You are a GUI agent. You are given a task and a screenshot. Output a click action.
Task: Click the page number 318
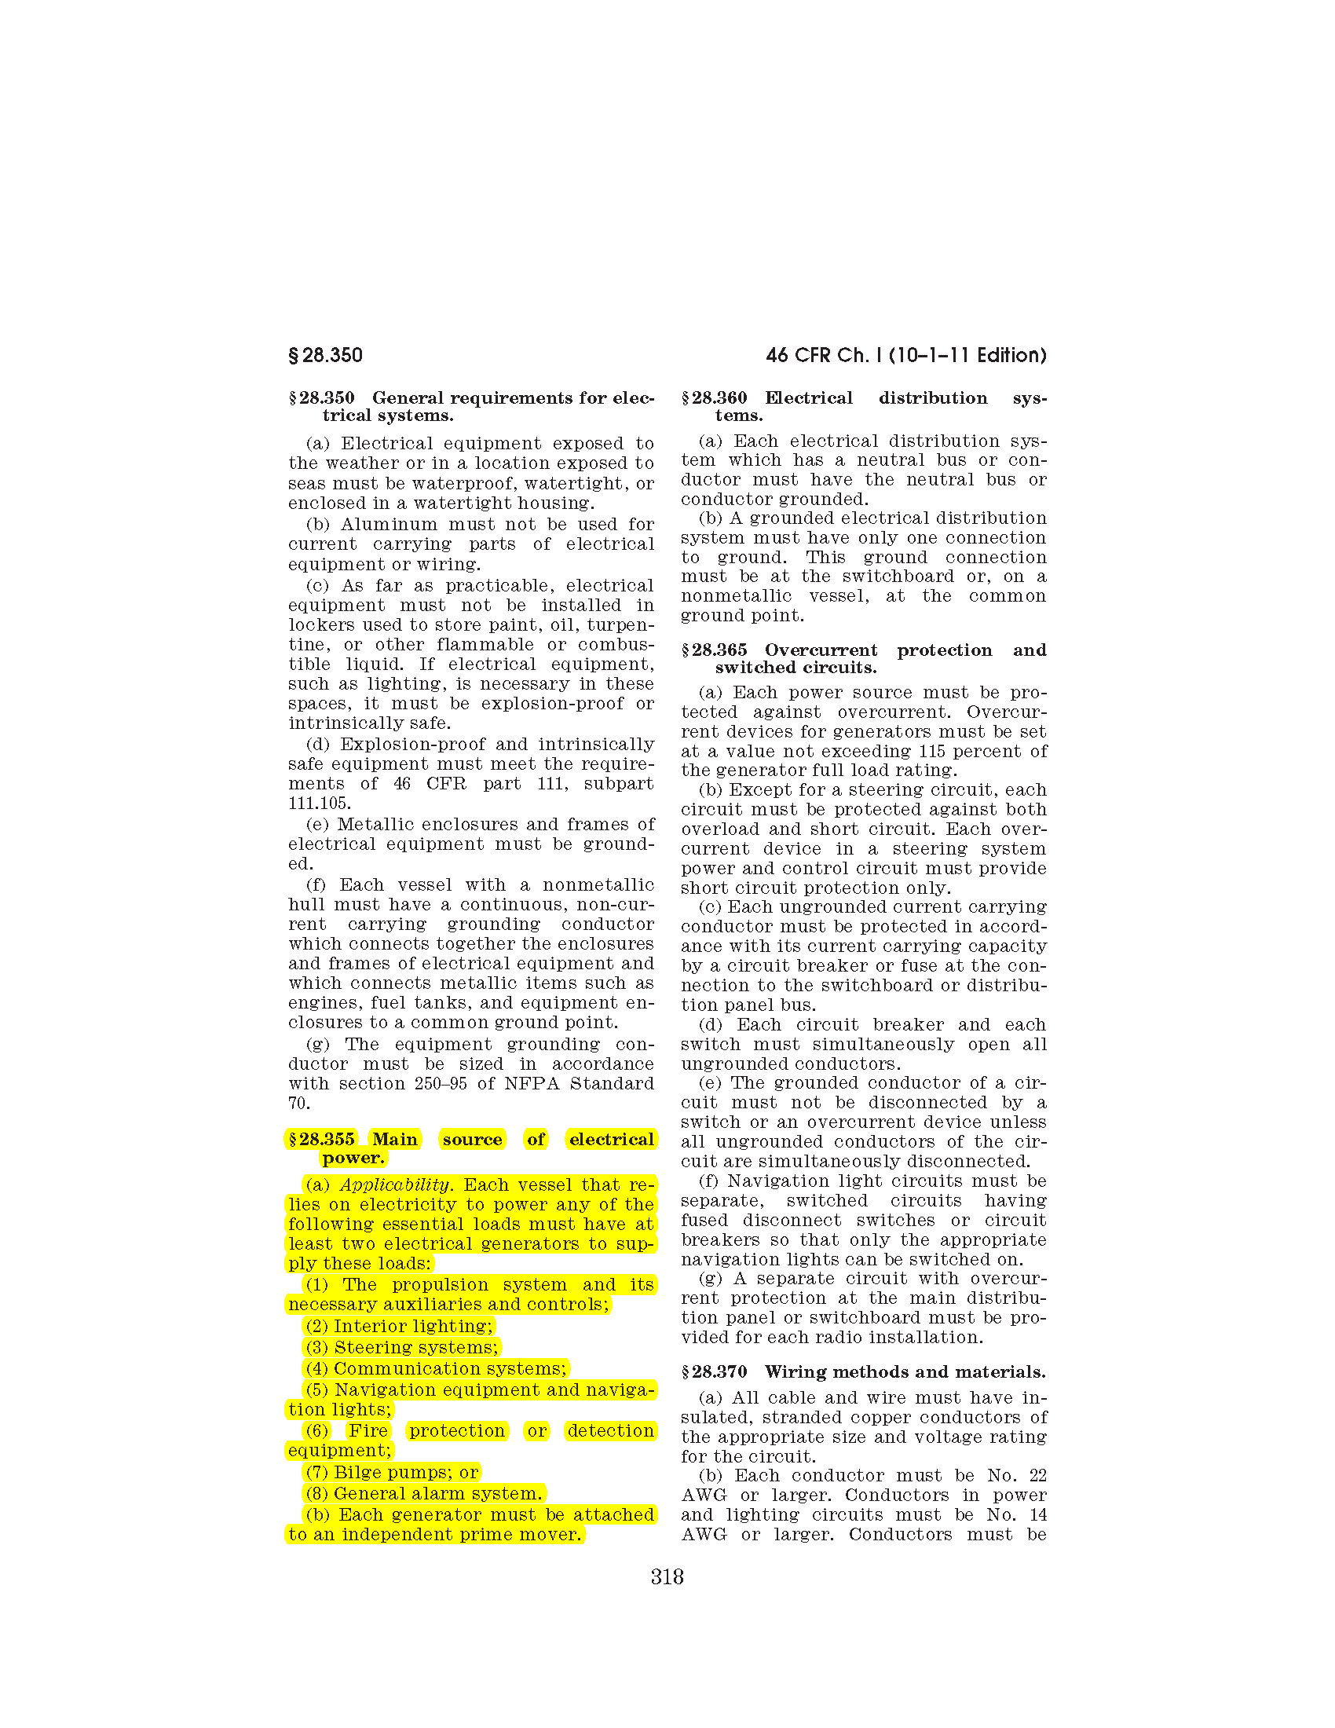(667, 1577)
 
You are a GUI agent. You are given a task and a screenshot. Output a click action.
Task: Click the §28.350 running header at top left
(325, 355)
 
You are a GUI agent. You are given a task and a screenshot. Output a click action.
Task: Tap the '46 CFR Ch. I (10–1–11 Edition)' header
(905, 355)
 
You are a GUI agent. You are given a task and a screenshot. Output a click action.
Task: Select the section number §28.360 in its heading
(714, 398)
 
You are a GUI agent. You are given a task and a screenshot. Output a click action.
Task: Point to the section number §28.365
(714, 650)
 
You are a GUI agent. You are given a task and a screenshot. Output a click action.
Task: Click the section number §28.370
(714, 1372)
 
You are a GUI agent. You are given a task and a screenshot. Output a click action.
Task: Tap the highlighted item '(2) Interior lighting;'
(400, 1326)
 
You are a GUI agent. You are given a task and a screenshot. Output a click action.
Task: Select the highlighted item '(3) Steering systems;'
(402, 1347)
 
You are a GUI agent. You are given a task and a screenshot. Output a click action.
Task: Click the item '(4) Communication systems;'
(436, 1369)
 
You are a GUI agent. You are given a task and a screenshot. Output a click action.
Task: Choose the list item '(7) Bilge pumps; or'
(393, 1473)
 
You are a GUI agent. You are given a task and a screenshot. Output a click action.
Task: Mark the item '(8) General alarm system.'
(424, 1494)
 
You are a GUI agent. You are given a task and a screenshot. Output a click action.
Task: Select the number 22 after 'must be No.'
(1037, 1476)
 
